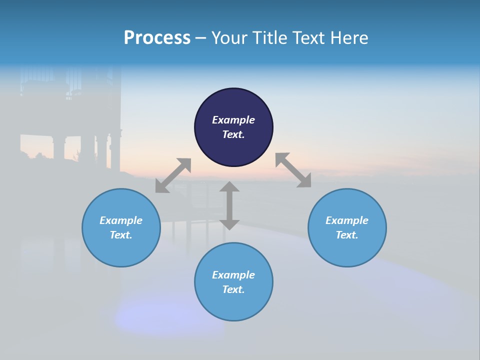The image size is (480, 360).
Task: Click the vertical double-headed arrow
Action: (229, 205)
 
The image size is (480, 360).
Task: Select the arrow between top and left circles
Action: (173, 175)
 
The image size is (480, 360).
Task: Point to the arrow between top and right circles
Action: (293, 170)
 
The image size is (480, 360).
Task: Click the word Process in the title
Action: (157, 38)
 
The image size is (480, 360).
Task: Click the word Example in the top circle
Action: (233, 120)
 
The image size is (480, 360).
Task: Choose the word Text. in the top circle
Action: (233, 134)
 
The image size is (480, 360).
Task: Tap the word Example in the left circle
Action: (121, 220)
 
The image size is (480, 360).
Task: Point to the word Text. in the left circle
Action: (121, 235)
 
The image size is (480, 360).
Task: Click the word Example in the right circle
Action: (347, 220)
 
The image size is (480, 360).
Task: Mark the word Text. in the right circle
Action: (347, 235)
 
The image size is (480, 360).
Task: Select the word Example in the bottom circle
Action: (233, 275)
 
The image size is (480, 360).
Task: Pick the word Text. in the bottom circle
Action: (233, 289)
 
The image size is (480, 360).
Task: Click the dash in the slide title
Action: (201, 38)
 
